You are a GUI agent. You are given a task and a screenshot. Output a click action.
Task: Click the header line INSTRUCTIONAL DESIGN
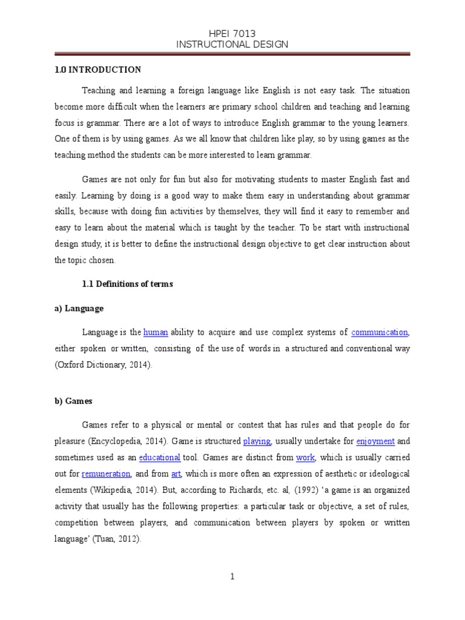click(x=232, y=44)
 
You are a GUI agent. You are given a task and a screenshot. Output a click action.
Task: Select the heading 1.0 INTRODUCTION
click(x=97, y=70)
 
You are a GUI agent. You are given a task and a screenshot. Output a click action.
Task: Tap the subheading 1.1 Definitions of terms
click(x=127, y=285)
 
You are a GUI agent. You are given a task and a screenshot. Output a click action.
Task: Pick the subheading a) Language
click(x=79, y=308)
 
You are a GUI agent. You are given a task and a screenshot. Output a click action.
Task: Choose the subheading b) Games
click(x=73, y=401)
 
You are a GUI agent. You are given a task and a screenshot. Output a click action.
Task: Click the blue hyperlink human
click(x=156, y=332)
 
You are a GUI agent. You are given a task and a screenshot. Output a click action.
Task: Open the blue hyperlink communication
click(x=380, y=332)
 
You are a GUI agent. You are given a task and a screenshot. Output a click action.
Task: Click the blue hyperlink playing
click(x=257, y=441)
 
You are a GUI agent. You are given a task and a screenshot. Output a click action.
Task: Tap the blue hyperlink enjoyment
click(x=375, y=441)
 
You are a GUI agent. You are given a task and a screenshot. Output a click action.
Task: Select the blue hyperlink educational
click(x=160, y=458)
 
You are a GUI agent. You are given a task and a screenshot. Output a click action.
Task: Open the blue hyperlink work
click(x=305, y=458)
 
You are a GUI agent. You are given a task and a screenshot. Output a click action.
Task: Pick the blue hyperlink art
click(x=176, y=474)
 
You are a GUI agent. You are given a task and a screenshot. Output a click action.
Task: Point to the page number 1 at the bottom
click(x=232, y=577)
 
